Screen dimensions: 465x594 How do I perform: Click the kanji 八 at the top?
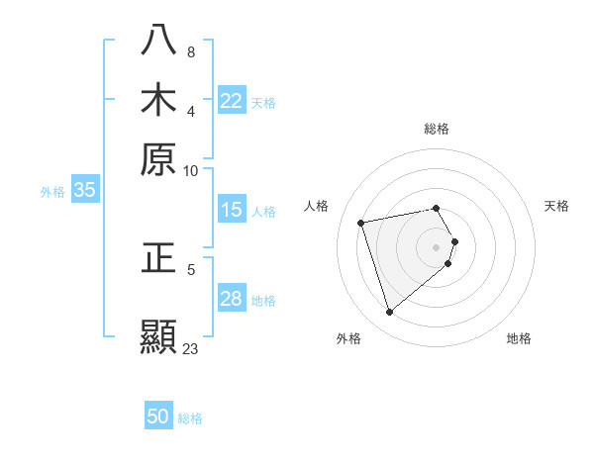tap(159, 40)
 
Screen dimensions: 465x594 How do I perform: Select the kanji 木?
tap(159, 99)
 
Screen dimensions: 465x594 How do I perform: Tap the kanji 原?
tap(159, 158)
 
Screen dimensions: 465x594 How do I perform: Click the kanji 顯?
tap(159, 336)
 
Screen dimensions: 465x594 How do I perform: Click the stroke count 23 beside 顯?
tap(190, 348)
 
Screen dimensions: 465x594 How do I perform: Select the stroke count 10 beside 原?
tap(191, 170)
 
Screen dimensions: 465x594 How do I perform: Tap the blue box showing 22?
tap(232, 101)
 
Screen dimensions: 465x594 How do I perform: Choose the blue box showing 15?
tap(232, 210)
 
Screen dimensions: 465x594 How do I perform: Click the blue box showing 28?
tap(232, 299)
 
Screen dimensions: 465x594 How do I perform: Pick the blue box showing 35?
tap(84, 191)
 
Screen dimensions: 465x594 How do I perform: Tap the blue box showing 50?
tap(158, 418)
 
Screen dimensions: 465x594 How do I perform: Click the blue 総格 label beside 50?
tap(190, 418)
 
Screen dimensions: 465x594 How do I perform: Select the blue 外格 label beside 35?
tap(51, 192)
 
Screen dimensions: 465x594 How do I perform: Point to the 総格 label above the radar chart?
tap(437, 129)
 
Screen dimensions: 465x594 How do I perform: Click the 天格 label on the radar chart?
tap(556, 206)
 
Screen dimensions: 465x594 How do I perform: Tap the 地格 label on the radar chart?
tap(519, 338)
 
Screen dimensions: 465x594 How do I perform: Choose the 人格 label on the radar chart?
tap(317, 206)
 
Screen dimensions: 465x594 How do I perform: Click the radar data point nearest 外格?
tap(389, 313)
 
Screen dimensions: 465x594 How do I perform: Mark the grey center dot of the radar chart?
tap(437, 246)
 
